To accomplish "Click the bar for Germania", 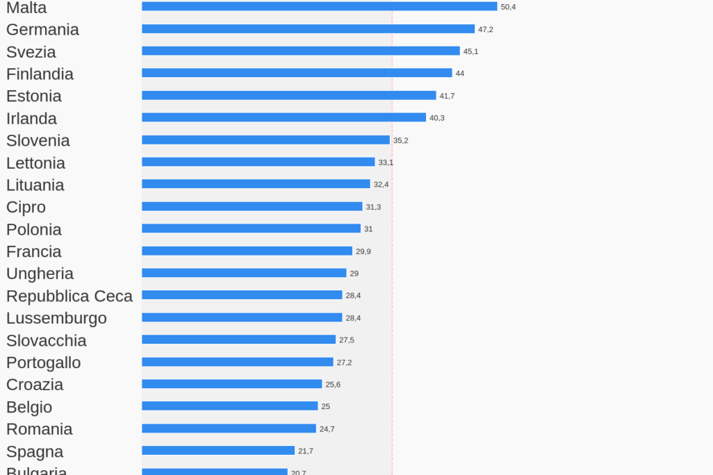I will (308, 29).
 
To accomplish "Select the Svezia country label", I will (31, 52).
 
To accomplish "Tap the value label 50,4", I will (508, 7).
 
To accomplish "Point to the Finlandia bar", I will (297, 73).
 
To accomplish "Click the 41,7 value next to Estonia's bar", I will (447, 96).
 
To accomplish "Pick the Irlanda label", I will (31, 119).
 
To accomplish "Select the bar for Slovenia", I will (265, 140).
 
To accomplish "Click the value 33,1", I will (386, 162).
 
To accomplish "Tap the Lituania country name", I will (35, 185).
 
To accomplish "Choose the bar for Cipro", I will (252, 206).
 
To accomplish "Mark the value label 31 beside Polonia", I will (368, 229).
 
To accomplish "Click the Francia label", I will (33, 251).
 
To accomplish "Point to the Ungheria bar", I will (244, 273).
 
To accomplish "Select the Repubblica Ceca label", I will (69, 296).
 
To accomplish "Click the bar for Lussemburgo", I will (242, 317).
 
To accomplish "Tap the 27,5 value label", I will (346, 340).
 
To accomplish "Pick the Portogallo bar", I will (238, 362).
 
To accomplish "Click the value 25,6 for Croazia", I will (333, 385).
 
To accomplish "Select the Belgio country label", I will (29, 407).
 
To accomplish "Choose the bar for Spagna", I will (218, 451).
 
